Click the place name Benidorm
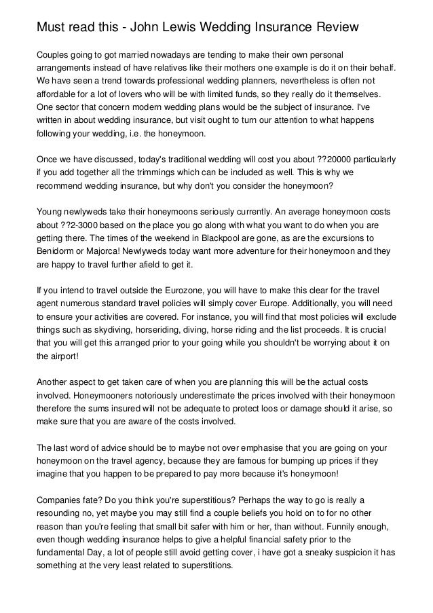(x=56, y=250)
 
